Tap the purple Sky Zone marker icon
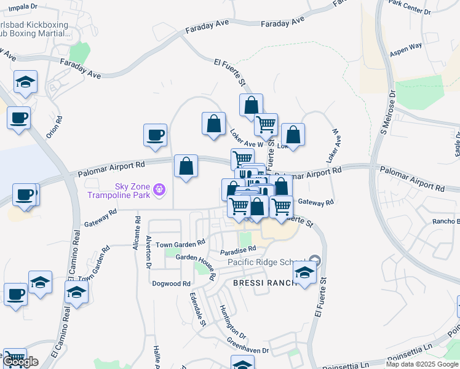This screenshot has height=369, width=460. click(159, 189)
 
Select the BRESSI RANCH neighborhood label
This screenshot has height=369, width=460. click(262, 283)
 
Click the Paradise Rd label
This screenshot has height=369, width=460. click(237, 251)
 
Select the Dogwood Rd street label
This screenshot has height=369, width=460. click(172, 284)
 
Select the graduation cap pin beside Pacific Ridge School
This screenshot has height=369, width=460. click(304, 271)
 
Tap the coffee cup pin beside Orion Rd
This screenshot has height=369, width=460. click(18, 117)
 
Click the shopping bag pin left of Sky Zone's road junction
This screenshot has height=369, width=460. click(186, 166)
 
